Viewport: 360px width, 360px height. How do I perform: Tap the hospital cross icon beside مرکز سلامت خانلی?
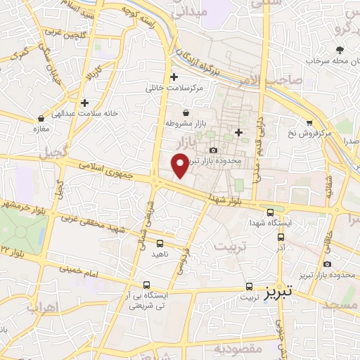174,77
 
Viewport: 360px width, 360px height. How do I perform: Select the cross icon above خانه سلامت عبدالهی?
84,103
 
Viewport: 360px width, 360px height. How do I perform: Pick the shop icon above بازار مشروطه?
186,112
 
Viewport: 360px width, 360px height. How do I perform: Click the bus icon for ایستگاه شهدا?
271,212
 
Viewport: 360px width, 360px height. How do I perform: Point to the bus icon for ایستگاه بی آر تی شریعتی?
146,285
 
